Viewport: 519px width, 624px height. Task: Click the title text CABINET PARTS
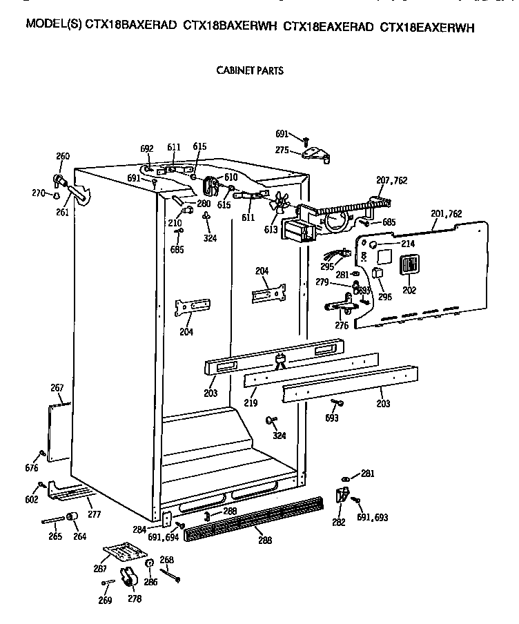point(250,70)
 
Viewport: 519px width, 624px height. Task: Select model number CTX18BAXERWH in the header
point(231,27)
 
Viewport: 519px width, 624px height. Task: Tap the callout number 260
point(63,157)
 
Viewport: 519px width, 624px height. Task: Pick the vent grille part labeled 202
point(409,266)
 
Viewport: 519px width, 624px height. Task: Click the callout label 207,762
point(391,181)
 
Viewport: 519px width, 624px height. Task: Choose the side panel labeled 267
point(60,431)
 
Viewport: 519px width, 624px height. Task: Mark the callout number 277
point(95,514)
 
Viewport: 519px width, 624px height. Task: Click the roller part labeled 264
point(71,519)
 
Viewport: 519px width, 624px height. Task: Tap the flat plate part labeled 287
point(126,552)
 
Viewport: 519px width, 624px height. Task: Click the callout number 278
point(134,599)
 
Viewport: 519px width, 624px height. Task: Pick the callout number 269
point(104,599)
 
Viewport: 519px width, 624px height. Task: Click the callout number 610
point(231,177)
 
